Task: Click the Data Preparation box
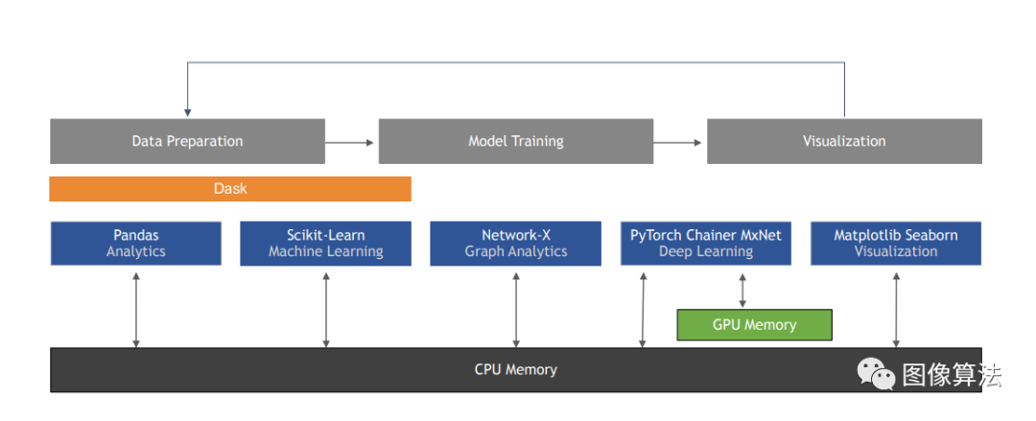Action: point(187,141)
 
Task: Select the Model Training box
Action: point(516,141)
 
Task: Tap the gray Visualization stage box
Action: point(844,141)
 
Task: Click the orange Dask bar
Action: point(230,189)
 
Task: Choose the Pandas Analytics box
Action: point(135,244)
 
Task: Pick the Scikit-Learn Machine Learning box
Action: point(325,244)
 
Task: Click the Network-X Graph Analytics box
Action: point(516,244)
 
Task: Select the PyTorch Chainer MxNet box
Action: point(705,244)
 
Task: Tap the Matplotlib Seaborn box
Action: point(896,244)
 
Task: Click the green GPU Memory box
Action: point(754,325)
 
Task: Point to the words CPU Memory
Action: point(515,369)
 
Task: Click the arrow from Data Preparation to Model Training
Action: point(350,142)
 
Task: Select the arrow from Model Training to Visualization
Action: point(679,142)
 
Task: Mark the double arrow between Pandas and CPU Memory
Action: point(136,307)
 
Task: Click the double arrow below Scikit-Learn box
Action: point(326,307)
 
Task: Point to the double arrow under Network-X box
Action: point(516,307)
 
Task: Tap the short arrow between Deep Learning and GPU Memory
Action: point(742,288)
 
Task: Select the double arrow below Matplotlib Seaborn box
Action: point(896,307)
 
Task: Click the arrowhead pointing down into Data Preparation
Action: point(187,111)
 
